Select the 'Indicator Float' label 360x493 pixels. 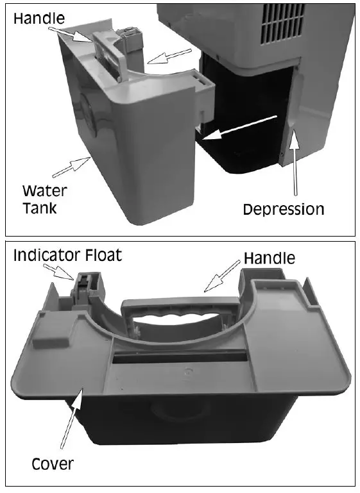[x=68, y=256]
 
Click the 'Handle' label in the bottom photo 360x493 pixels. [x=270, y=258]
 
